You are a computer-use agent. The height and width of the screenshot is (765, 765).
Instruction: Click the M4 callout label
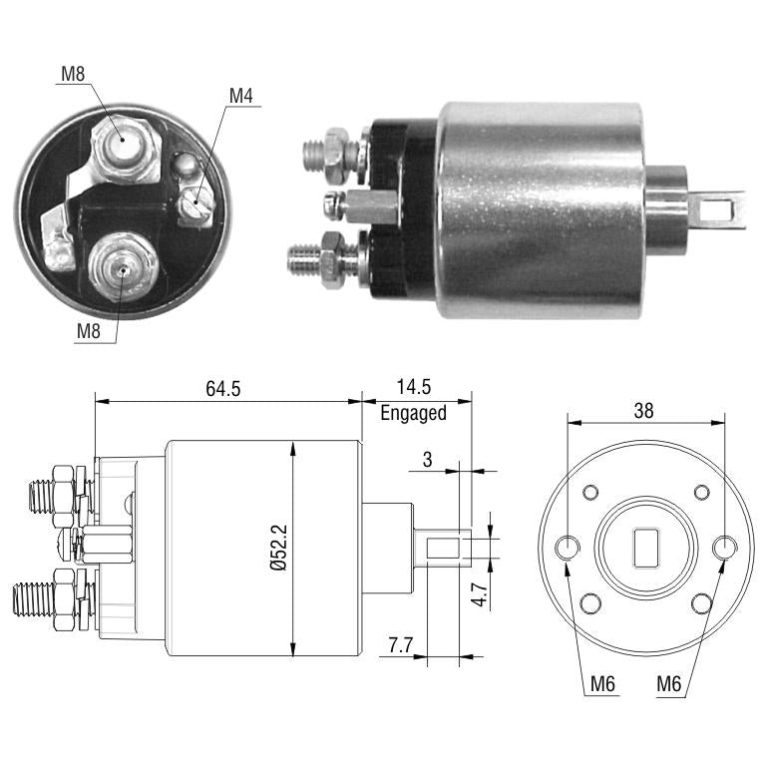pyautogui.click(x=241, y=96)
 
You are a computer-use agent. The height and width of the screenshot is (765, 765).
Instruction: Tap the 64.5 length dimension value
pyautogui.click(x=223, y=389)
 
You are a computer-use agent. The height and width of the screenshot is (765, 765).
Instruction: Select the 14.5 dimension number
pyautogui.click(x=413, y=387)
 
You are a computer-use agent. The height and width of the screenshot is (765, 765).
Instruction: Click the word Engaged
pyautogui.click(x=413, y=413)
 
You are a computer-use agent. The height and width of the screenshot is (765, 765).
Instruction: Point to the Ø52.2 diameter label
pyautogui.click(x=279, y=548)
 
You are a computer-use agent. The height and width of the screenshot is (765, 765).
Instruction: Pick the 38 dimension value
pyautogui.click(x=643, y=411)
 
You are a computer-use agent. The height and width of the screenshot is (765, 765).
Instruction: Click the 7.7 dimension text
pyautogui.click(x=400, y=645)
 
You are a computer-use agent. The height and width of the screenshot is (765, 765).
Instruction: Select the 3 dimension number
pyautogui.click(x=428, y=459)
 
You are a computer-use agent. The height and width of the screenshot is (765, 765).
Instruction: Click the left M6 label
pyautogui.click(x=602, y=684)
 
